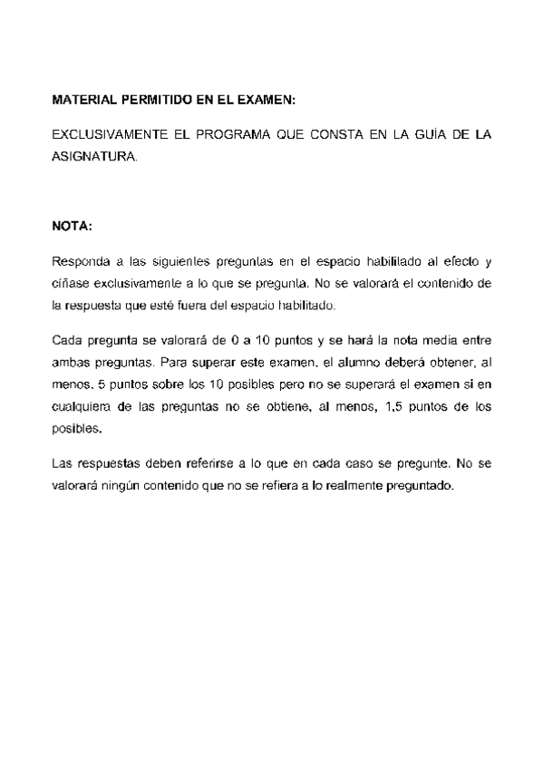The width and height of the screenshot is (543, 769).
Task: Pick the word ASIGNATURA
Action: [95, 155]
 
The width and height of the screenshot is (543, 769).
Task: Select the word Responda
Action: [79, 262]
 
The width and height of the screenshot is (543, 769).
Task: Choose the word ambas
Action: [70, 362]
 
